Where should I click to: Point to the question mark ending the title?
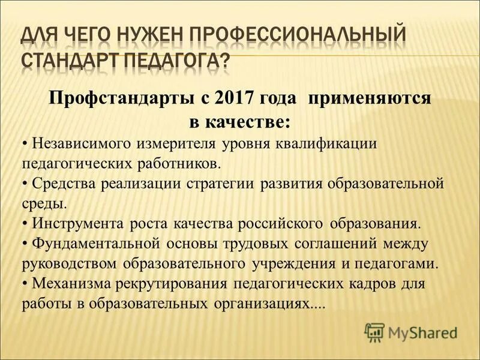coord(224,61)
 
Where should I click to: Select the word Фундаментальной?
coord(97,244)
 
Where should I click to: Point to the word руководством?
coord(70,263)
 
